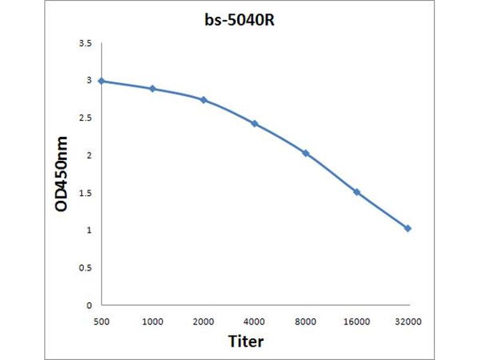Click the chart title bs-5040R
tap(240, 20)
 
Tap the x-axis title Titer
tap(246, 341)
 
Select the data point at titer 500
tap(101, 81)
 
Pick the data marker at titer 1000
tap(152, 89)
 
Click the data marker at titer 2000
tap(204, 100)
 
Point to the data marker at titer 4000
tap(254, 124)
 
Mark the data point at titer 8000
tap(305, 153)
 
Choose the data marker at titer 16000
tap(356, 192)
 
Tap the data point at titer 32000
tap(408, 229)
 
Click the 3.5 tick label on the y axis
tap(85, 44)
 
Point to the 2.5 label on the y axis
tap(85, 118)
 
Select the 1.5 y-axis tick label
tap(85, 193)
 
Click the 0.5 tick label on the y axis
tap(85, 268)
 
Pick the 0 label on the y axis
tap(90, 305)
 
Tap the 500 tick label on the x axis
tap(101, 322)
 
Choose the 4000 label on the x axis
tap(254, 322)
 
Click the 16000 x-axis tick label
tap(356, 322)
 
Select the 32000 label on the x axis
tap(408, 322)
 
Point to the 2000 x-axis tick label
tap(204, 322)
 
